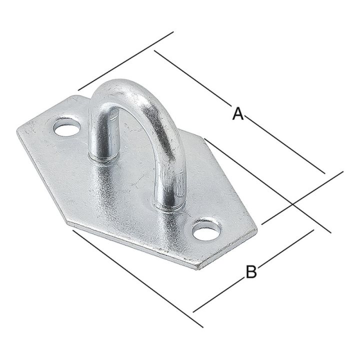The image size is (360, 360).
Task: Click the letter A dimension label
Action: (x=238, y=114)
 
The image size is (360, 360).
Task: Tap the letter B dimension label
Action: (x=251, y=272)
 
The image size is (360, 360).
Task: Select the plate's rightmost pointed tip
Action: (x=257, y=230)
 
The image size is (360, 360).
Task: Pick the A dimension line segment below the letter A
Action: (x=285, y=145)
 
